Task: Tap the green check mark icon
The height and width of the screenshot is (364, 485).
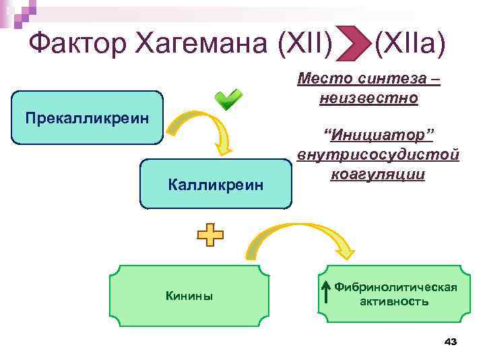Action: (x=228, y=100)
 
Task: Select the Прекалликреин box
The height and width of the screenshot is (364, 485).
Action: (x=87, y=118)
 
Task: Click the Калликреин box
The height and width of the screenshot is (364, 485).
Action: (x=216, y=184)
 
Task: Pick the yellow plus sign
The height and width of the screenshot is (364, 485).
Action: (x=210, y=235)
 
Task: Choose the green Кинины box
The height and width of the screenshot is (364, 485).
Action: (x=189, y=295)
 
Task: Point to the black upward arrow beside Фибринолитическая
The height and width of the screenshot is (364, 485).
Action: (x=325, y=293)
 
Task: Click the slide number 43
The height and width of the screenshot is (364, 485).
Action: (x=451, y=342)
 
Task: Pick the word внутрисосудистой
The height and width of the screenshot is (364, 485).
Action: (x=379, y=156)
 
